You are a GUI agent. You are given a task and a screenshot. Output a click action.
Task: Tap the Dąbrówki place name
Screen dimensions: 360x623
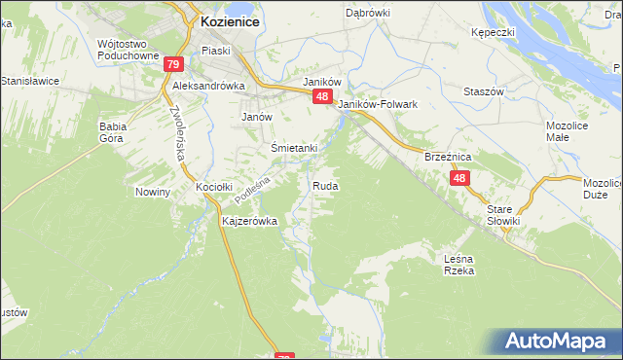367,13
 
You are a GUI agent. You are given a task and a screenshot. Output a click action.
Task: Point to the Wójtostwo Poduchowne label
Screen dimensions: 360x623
128,50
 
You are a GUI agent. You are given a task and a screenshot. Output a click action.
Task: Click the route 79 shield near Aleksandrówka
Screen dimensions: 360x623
173,65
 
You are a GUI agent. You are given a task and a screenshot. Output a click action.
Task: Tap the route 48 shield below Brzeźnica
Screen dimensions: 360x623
460,179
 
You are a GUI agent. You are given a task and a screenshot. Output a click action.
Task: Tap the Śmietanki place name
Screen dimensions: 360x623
294,147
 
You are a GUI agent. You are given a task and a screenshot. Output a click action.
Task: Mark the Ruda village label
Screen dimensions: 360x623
325,185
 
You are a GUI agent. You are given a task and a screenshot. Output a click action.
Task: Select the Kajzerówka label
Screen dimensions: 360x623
250,221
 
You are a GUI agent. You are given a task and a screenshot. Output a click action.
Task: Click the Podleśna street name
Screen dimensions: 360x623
251,184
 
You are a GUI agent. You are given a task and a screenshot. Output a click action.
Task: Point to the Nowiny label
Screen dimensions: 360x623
153,192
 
